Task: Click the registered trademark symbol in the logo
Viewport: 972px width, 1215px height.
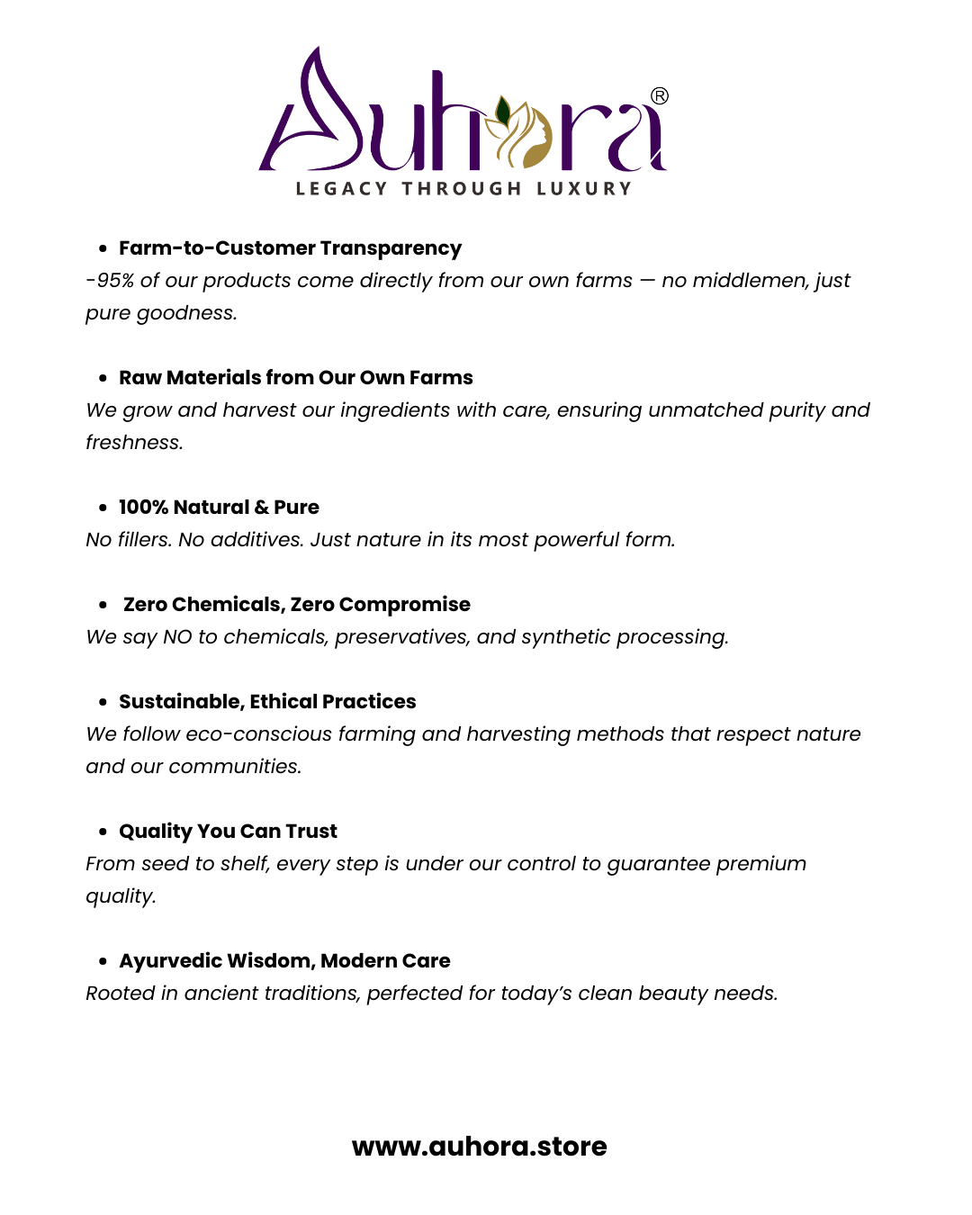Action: (x=660, y=96)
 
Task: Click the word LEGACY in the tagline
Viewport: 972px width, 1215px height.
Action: (x=341, y=189)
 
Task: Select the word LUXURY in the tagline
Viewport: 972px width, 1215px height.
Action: (x=584, y=189)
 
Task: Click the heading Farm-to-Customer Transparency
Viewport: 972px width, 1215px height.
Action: (x=290, y=248)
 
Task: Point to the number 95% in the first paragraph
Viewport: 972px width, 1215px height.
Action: (x=115, y=281)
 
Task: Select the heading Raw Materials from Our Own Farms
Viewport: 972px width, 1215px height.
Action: (x=295, y=378)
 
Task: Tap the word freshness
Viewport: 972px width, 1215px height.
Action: (x=134, y=443)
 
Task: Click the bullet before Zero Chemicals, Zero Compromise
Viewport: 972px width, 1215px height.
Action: (x=103, y=605)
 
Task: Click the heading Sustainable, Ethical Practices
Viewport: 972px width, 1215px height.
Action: (x=267, y=702)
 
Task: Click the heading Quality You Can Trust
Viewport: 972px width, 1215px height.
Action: (x=228, y=832)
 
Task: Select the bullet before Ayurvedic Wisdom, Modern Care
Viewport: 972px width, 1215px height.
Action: (x=103, y=961)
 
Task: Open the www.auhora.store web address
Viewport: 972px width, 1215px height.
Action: (x=479, y=1147)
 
